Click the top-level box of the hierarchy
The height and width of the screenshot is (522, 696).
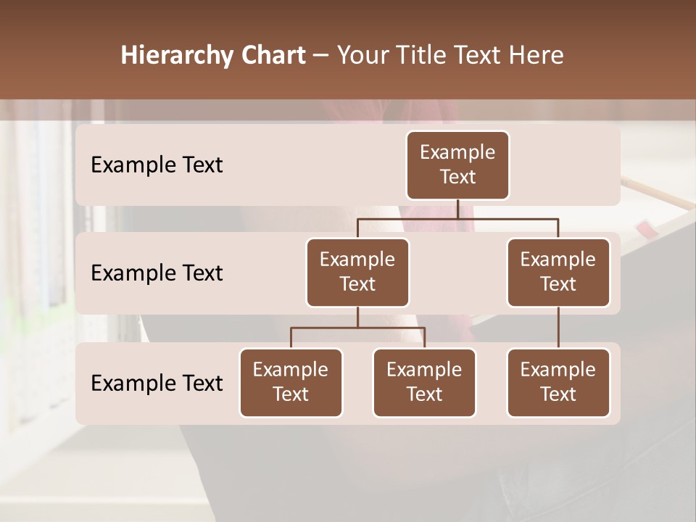pos(457,165)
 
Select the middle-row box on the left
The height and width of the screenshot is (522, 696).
pos(357,273)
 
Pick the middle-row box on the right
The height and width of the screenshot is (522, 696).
pos(558,273)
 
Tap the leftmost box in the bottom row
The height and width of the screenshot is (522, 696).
pos(291,383)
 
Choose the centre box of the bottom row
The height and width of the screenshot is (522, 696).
pos(424,383)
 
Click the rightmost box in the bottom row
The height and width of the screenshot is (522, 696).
pos(558,383)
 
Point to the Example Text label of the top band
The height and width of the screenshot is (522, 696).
pos(157,165)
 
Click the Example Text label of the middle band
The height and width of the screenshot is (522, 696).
pos(157,273)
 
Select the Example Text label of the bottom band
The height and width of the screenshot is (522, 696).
pos(157,384)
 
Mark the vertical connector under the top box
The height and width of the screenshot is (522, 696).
pos(457,209)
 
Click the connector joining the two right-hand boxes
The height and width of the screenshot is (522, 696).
pos(558,328)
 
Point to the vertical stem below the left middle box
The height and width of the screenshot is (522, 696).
pos(357,317)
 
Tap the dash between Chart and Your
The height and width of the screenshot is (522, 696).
pos(321,56)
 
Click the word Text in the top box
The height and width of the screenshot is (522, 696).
pos(457,177)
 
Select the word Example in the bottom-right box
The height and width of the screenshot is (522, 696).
pos(558,370)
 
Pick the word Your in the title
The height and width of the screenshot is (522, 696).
pos(362,56)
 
